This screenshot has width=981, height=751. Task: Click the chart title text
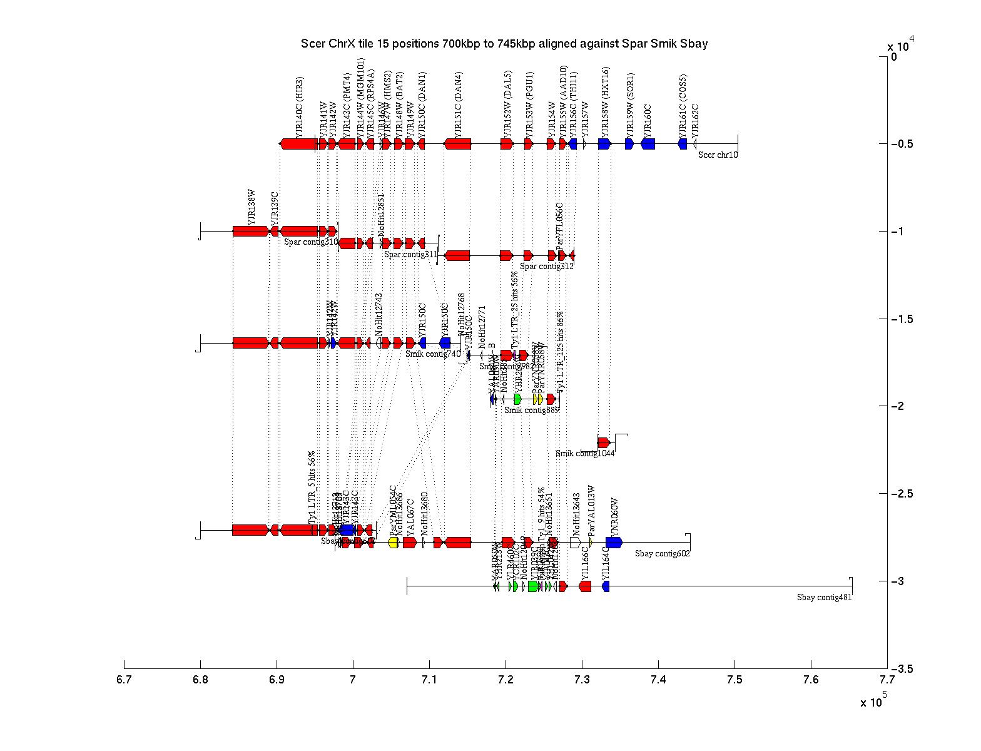click(x=504, y=44)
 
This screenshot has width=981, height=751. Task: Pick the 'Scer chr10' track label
click(x=718, y=155)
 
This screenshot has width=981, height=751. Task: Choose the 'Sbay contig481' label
click(x=824, y=597)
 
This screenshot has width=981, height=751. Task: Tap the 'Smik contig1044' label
click(x=585, y=453)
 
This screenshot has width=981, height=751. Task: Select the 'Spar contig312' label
click(x=546, y=266)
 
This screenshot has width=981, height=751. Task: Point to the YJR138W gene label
click(x=252, y=207)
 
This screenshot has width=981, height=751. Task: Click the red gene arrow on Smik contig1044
click(x=604, y=442)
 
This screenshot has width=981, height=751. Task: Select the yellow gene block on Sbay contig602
click(x=394, y=543)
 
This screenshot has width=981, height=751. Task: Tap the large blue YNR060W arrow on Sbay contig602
click(x=614, y=543)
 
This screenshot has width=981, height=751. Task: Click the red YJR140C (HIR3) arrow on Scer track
click(x=298, y=144)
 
